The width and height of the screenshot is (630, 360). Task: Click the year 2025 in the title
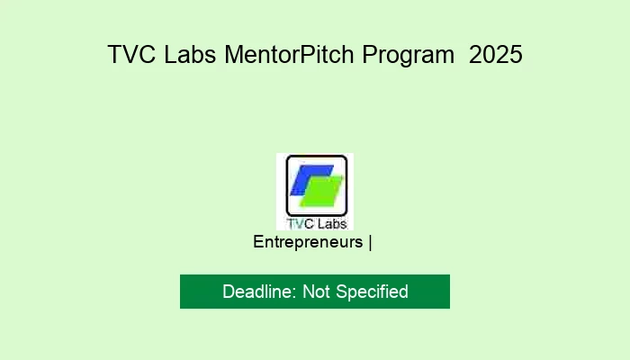coord(495,55)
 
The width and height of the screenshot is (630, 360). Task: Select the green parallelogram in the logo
coord(323,192)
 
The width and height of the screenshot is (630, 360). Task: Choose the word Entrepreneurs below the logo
coord(308,242)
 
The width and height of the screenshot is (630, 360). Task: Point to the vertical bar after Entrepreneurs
coord(370,242)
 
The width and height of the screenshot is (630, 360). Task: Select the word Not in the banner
coord(317,292)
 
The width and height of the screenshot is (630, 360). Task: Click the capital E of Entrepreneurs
coord(258,242)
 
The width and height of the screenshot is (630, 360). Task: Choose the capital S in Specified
coord(343,292)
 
